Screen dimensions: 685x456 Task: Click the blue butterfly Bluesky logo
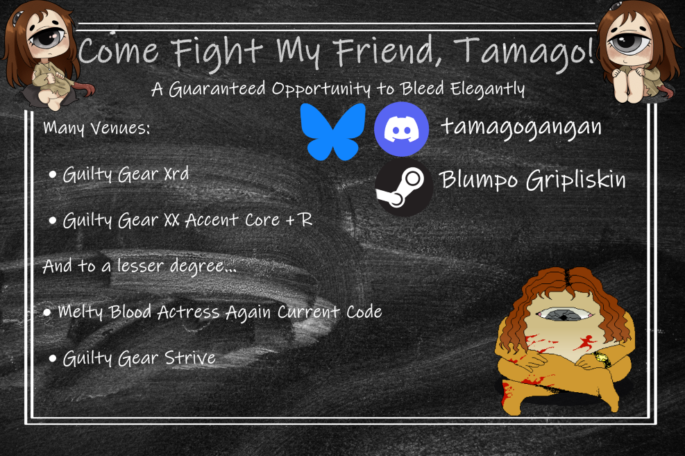(x=333, y=131)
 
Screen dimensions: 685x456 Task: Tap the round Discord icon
(x=401, y=129)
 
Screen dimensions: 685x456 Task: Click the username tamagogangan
(x=521, y=128)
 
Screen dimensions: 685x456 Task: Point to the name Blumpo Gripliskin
(x=532, y=180)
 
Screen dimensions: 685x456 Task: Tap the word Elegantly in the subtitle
(x=487, y=89)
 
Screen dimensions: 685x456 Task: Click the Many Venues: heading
(x=96, y=128)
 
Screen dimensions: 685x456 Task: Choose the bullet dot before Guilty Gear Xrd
(x=53, y=175)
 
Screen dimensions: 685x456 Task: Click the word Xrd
(x=176, y=174)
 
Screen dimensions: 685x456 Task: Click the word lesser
(x=140, y=266)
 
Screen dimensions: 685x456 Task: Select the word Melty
(x=81, y=312)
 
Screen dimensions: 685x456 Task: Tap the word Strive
(x=190, y=358)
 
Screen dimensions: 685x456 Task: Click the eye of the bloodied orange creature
(x=564, y=314)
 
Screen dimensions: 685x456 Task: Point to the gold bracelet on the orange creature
(x=602, y=359)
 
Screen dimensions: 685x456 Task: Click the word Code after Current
(x=364, y=312)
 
